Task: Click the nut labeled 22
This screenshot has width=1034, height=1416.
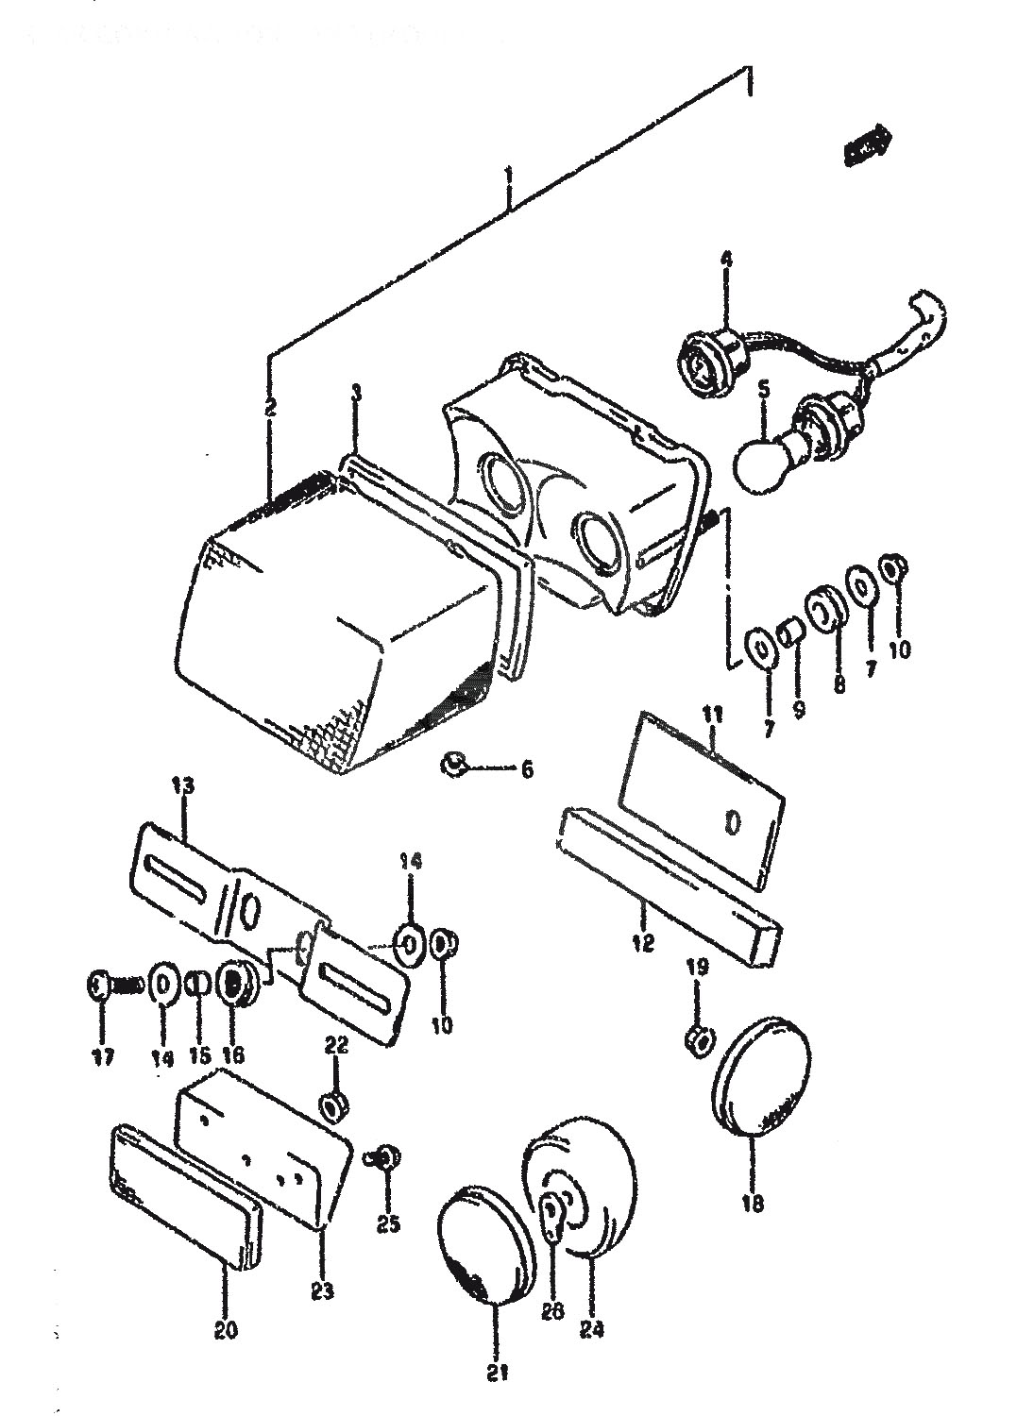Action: point(333,1103)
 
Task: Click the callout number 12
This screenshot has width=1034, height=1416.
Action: point(644,942)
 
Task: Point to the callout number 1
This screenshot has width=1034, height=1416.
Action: point(509,176)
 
